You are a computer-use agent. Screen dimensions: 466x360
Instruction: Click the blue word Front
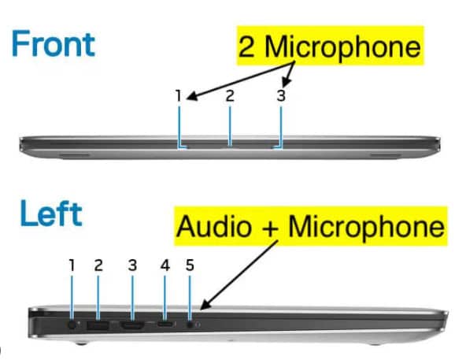point(54,44)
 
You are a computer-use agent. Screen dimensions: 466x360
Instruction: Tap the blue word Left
point(51,213)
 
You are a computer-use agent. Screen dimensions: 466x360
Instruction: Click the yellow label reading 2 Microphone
point(330,46)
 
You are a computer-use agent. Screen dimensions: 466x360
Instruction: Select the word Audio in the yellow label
point(213,226)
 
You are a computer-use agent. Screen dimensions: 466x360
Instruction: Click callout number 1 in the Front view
point(179,96)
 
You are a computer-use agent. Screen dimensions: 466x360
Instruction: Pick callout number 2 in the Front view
point(230,96)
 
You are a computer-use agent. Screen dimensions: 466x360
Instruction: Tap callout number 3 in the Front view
point(281,96)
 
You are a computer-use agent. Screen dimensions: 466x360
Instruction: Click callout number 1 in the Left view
point(72,265)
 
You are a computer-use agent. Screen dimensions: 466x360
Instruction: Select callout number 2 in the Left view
point(98,265)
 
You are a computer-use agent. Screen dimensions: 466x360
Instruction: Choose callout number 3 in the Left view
point(132,265)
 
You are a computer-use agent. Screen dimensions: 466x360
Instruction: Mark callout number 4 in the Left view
point(165,265)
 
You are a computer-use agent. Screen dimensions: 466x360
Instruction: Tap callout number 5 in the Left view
point(190,265)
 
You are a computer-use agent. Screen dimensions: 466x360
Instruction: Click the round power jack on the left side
point(72,325)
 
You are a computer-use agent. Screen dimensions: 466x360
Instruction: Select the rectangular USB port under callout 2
point(98,325)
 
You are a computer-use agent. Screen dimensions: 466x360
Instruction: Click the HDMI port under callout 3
point(132,325)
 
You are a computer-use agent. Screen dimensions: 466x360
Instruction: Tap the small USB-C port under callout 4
point(166,325)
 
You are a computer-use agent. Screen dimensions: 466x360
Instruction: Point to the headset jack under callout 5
point(190,325)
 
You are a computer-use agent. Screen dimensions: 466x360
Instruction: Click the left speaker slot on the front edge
point(74,155)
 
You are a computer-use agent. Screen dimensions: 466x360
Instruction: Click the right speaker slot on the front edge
point(385,155)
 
